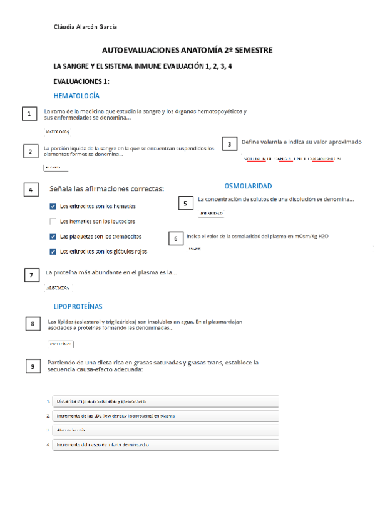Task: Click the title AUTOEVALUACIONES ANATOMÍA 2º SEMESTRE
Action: click(187, 49)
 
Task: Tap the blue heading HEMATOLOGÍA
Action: click(76, 96)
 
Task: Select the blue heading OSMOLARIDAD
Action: click(248, 186)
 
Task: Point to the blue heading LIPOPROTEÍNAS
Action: click(78, 306)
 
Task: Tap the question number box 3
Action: click(230, 144)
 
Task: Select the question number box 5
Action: click(185, 203)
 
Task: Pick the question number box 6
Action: click(176, 238)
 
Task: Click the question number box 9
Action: click(33, 367)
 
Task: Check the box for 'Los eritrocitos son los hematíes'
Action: click(53, 206)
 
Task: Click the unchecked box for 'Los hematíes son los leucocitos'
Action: click(53, 221)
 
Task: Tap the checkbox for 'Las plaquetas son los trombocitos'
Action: click(53, 237)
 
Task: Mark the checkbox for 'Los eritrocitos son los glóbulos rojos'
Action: click(53, 252)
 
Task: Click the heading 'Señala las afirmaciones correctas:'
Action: click(106, 188)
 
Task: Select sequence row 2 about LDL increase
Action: click(165, 415)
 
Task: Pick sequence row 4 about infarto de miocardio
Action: click(165, 445)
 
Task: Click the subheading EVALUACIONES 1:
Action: click(81, 81)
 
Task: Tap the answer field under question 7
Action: click(59, 288)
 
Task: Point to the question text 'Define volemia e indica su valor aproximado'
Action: click(301, 142)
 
